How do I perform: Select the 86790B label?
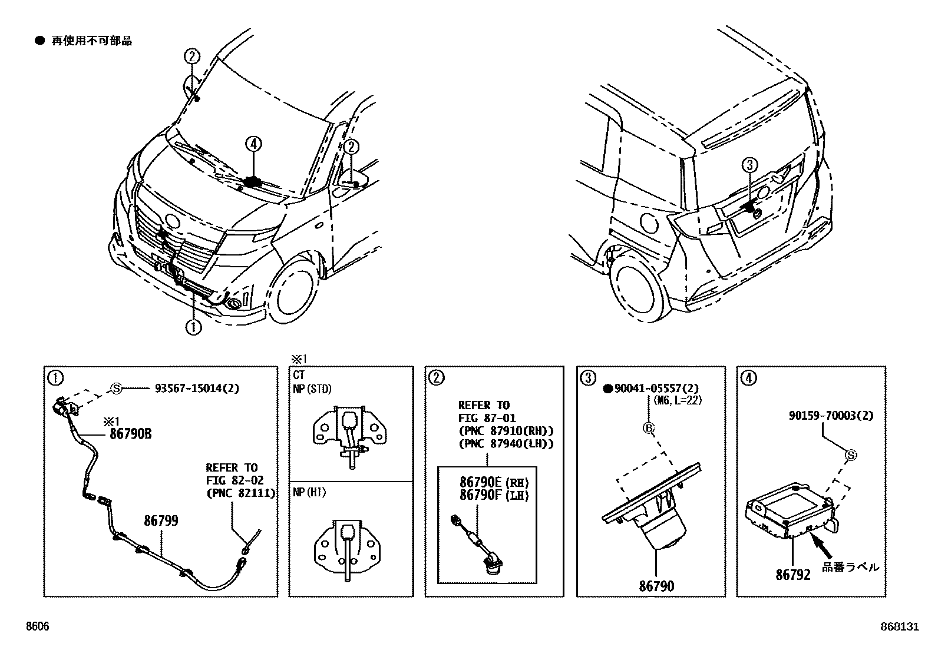click(130, 434)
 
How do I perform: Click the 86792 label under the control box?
click(792, 574)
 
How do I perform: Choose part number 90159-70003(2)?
click(831, 416)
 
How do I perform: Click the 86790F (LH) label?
click(494, 495)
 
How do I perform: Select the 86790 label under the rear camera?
click(656, 586)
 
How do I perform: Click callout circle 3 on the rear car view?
click(749, 166)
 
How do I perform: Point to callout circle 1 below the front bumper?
click(193, 327)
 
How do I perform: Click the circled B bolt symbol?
click(649, 428)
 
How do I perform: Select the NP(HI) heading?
click(310, 492)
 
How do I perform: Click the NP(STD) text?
click(313, 389)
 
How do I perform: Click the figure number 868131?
click(900, 627)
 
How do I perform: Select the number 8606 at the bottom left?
click(37, 627)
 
